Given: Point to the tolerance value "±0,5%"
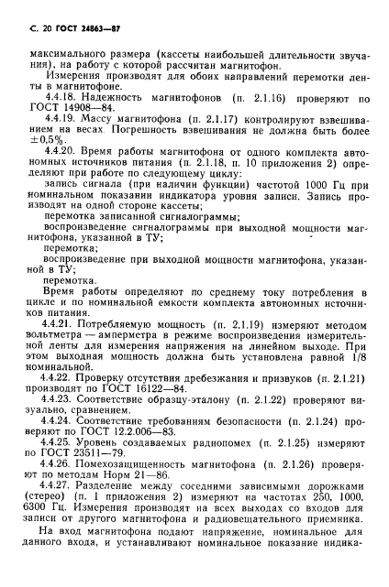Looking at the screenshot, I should [x=33, y=155].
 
